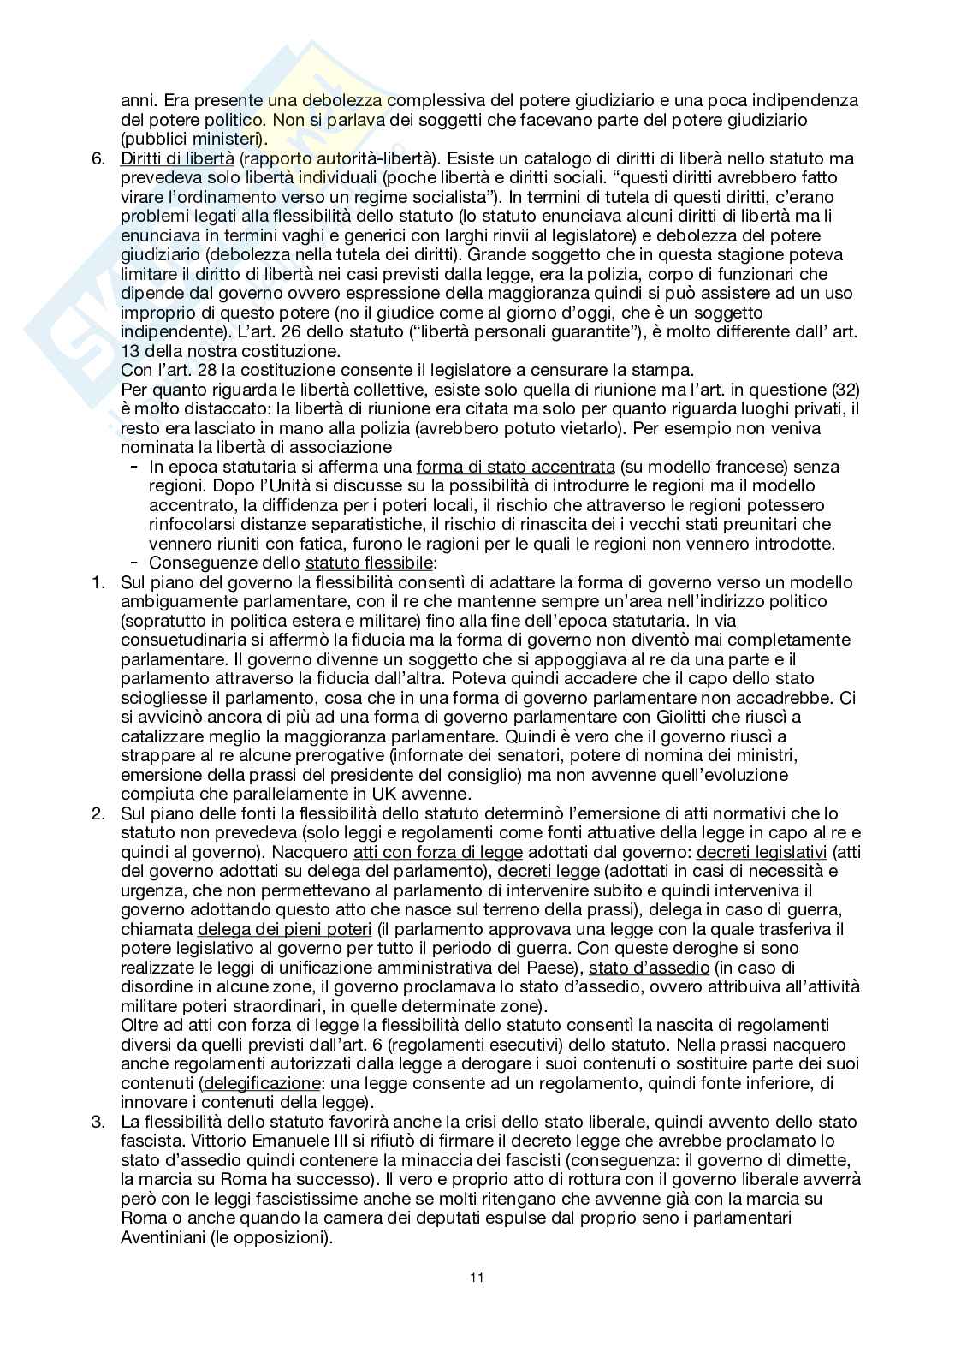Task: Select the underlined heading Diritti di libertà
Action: coord(177,158)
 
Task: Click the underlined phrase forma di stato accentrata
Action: coord(515,467)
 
